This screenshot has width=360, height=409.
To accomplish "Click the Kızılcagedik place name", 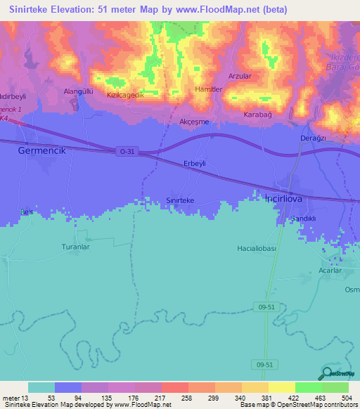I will pos(124,95).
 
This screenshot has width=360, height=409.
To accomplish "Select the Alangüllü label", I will pos(79,91).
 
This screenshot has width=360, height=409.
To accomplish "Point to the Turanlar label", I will pos(77,247).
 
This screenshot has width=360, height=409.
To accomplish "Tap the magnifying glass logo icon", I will pos(328,373).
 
